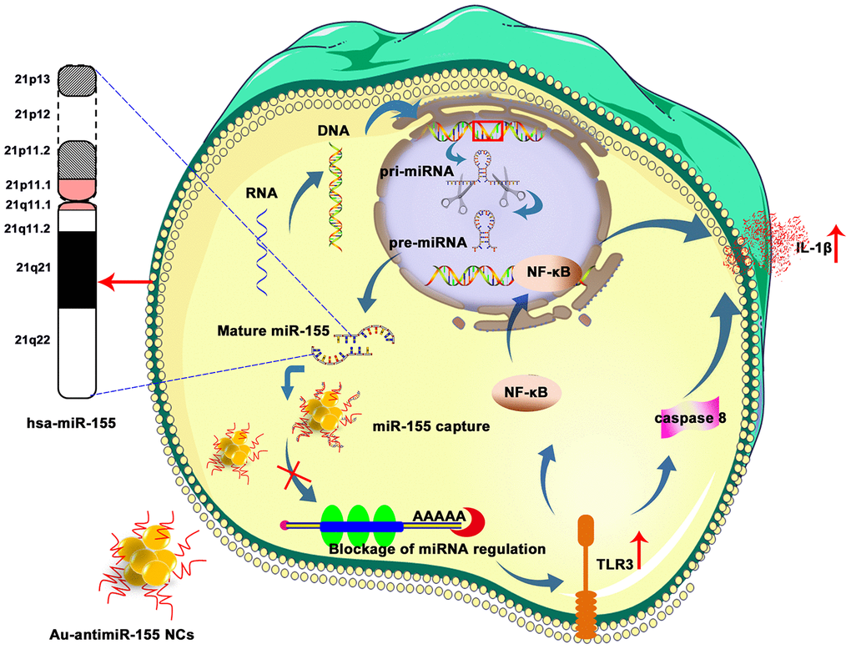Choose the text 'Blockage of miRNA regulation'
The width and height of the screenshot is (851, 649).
click(437, 550)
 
